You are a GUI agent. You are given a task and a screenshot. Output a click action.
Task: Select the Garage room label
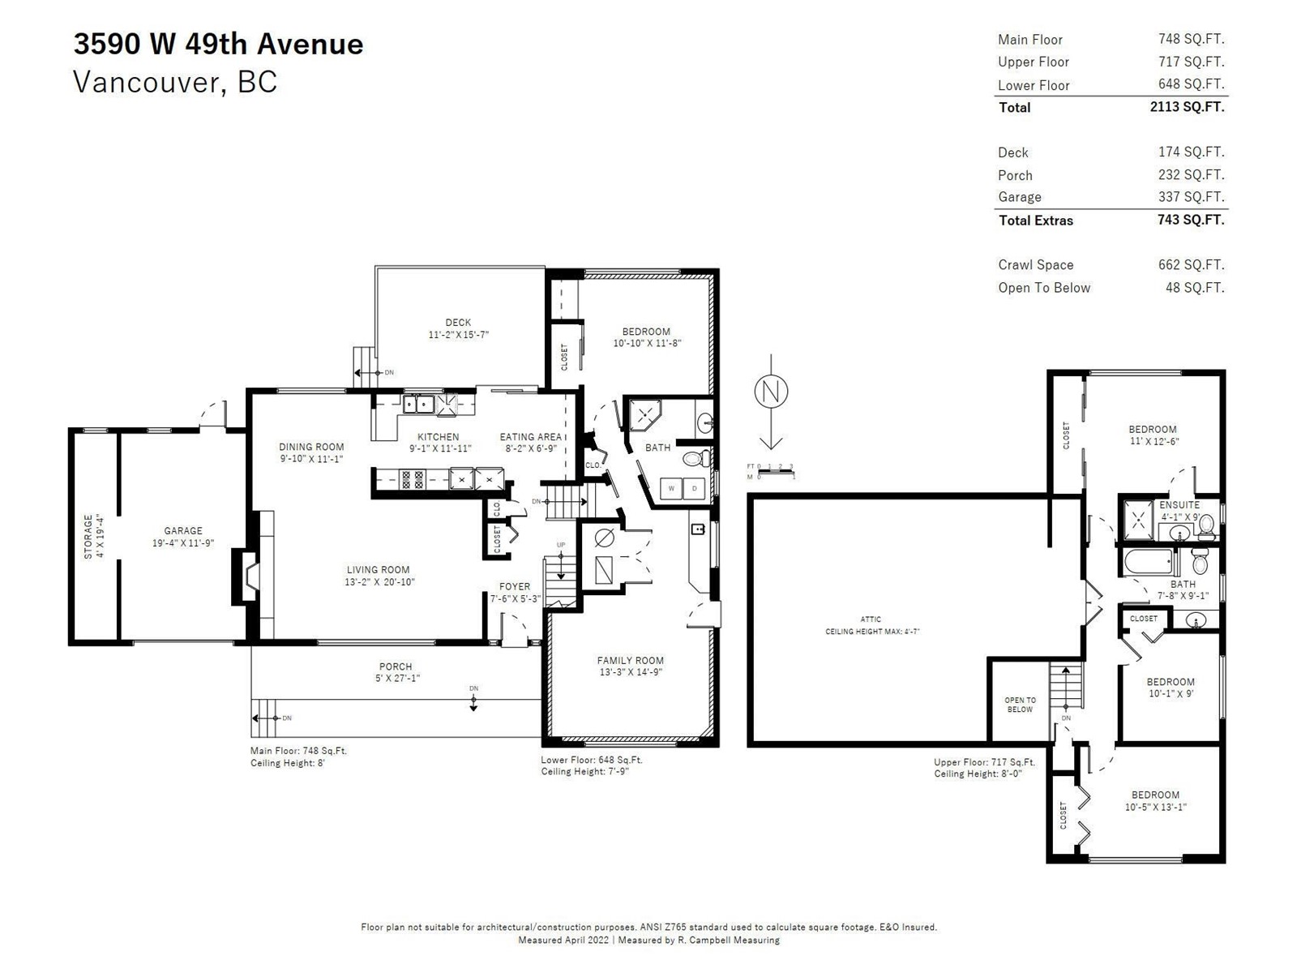coord(183,530)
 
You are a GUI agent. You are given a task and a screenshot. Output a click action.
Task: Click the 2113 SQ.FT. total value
coord(1187,107)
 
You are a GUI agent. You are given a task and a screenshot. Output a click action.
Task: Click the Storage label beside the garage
coord(88,537)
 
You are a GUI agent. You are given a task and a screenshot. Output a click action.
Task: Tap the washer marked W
coord(671,489)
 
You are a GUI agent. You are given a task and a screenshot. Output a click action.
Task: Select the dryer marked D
coord(694,489)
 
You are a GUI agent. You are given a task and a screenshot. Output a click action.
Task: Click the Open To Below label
coord(1020,704)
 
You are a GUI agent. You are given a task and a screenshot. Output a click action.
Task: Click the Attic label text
coord(871,619)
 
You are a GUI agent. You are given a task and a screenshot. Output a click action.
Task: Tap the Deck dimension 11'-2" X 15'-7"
coord(459,334)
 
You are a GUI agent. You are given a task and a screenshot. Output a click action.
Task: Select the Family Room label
coord(630,661)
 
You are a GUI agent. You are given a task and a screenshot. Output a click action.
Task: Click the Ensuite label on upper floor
coord(1179,505)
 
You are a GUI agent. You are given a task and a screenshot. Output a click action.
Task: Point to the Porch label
coord(396,667)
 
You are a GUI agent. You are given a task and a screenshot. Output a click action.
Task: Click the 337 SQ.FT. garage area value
coord(1192,197)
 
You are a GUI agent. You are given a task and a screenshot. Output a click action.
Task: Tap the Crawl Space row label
coord(1036,264)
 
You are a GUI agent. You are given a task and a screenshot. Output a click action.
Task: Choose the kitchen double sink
coord(418,404)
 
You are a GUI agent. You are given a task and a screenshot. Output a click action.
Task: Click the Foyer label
coord(515,586)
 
